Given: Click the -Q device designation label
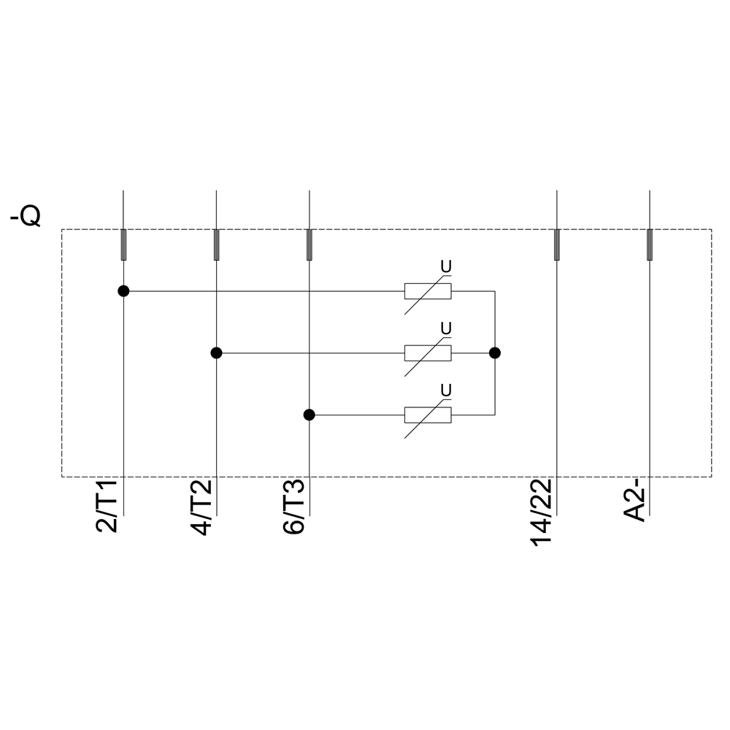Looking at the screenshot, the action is pos(26,217).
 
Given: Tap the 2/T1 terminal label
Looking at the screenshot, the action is pos(107,506).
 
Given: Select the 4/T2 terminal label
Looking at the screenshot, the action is pos(201,507).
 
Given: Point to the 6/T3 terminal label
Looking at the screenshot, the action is pos(293,507).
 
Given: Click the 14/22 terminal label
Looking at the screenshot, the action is pos(541,512).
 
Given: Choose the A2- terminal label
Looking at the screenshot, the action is pos(634,504).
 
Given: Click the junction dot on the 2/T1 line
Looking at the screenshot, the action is pos(123,291).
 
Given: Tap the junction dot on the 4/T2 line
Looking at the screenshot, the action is pos(217,353).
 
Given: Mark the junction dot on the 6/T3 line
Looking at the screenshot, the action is pos(309,415).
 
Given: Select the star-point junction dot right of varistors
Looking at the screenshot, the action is pos(495,353).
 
